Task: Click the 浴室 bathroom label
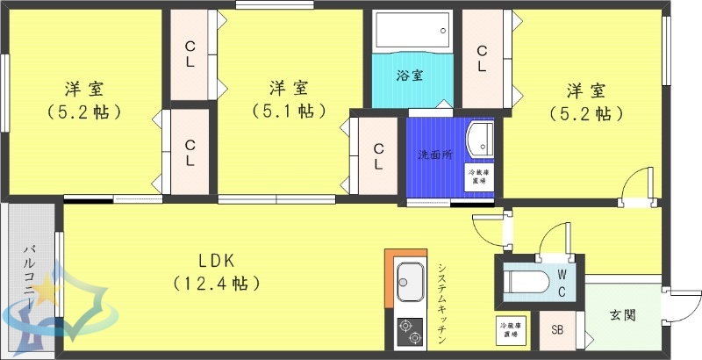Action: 410,76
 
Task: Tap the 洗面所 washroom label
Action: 434,155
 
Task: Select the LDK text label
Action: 215,261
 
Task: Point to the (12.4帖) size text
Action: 215,283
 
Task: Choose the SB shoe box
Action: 557,331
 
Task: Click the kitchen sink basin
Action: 410,283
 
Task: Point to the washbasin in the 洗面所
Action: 479,138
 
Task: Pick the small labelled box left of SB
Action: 515,328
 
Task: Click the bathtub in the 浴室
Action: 411,33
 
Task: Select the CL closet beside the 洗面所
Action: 377,155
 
